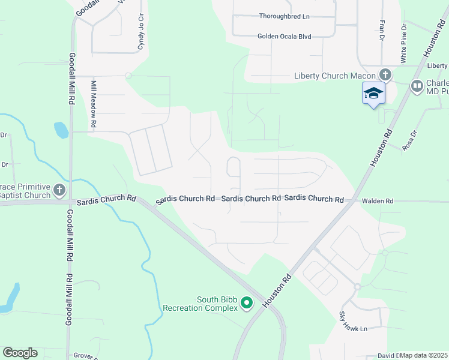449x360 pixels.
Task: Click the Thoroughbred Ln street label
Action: pyautogui.click(x=284, y=16)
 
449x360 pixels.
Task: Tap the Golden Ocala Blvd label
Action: pyautogui.click(x=284, y=37)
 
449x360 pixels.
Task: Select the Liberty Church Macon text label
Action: pyautogui.click(x=335, y=76)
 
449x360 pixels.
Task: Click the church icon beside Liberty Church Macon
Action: pyautogui.click(x=385, y=75)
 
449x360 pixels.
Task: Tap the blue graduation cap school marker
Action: pyautogui.click(x=373, y=93)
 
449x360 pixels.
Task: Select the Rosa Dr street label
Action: pyautogui.click(x=409, y=141)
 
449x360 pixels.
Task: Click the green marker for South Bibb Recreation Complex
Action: pyautogui.click(x=246, y=304)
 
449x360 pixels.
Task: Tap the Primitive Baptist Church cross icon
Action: pyautogui.click(x=59, y=191)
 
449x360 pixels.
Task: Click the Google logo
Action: pyautogui.click(x=20, y=353)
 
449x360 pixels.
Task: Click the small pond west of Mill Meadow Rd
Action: pyautogui.click(x=61, y=130)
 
